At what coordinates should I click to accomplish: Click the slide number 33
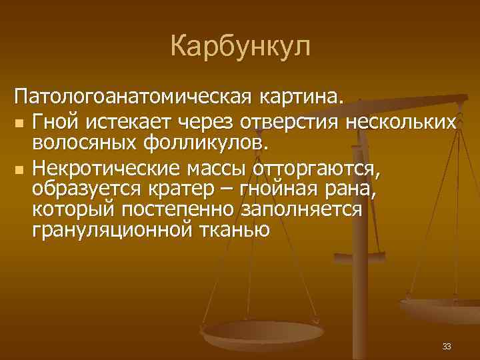pyautogui.click(x=446, y=346)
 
